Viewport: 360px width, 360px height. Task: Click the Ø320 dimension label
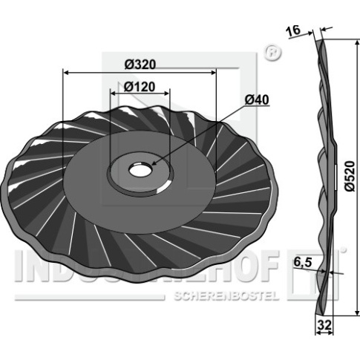pyautogui.click(x=140, y=65)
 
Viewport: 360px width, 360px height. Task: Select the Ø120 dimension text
pyautogui.click(x=140, y=87)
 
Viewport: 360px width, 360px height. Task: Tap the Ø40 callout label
pyautogui.click(x=257, y=100)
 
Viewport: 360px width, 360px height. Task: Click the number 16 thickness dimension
pyautogui.click(x=293, y=31)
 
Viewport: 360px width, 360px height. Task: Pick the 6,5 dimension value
pyautogui.click(x=303, y=263)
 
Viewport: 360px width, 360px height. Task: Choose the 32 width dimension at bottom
pyautogui.click(x=324, y=325)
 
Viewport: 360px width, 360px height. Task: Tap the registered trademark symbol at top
pyautogui.click(x=272, y=53)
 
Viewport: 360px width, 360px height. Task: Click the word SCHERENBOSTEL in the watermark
pyautogui.click(x=225, y=295)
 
